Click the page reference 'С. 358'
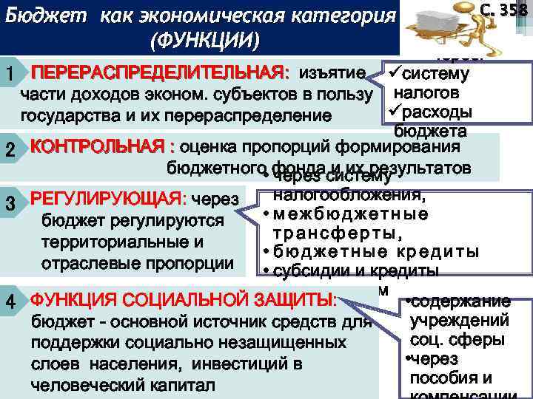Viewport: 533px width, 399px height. [504, 10]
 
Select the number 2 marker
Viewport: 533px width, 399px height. [10, 149]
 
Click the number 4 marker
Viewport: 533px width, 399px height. [10, 303]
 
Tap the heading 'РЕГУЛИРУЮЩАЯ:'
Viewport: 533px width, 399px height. [108, 199]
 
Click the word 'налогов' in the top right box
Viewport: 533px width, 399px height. [426, 94]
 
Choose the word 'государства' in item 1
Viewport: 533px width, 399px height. [69, 116]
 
